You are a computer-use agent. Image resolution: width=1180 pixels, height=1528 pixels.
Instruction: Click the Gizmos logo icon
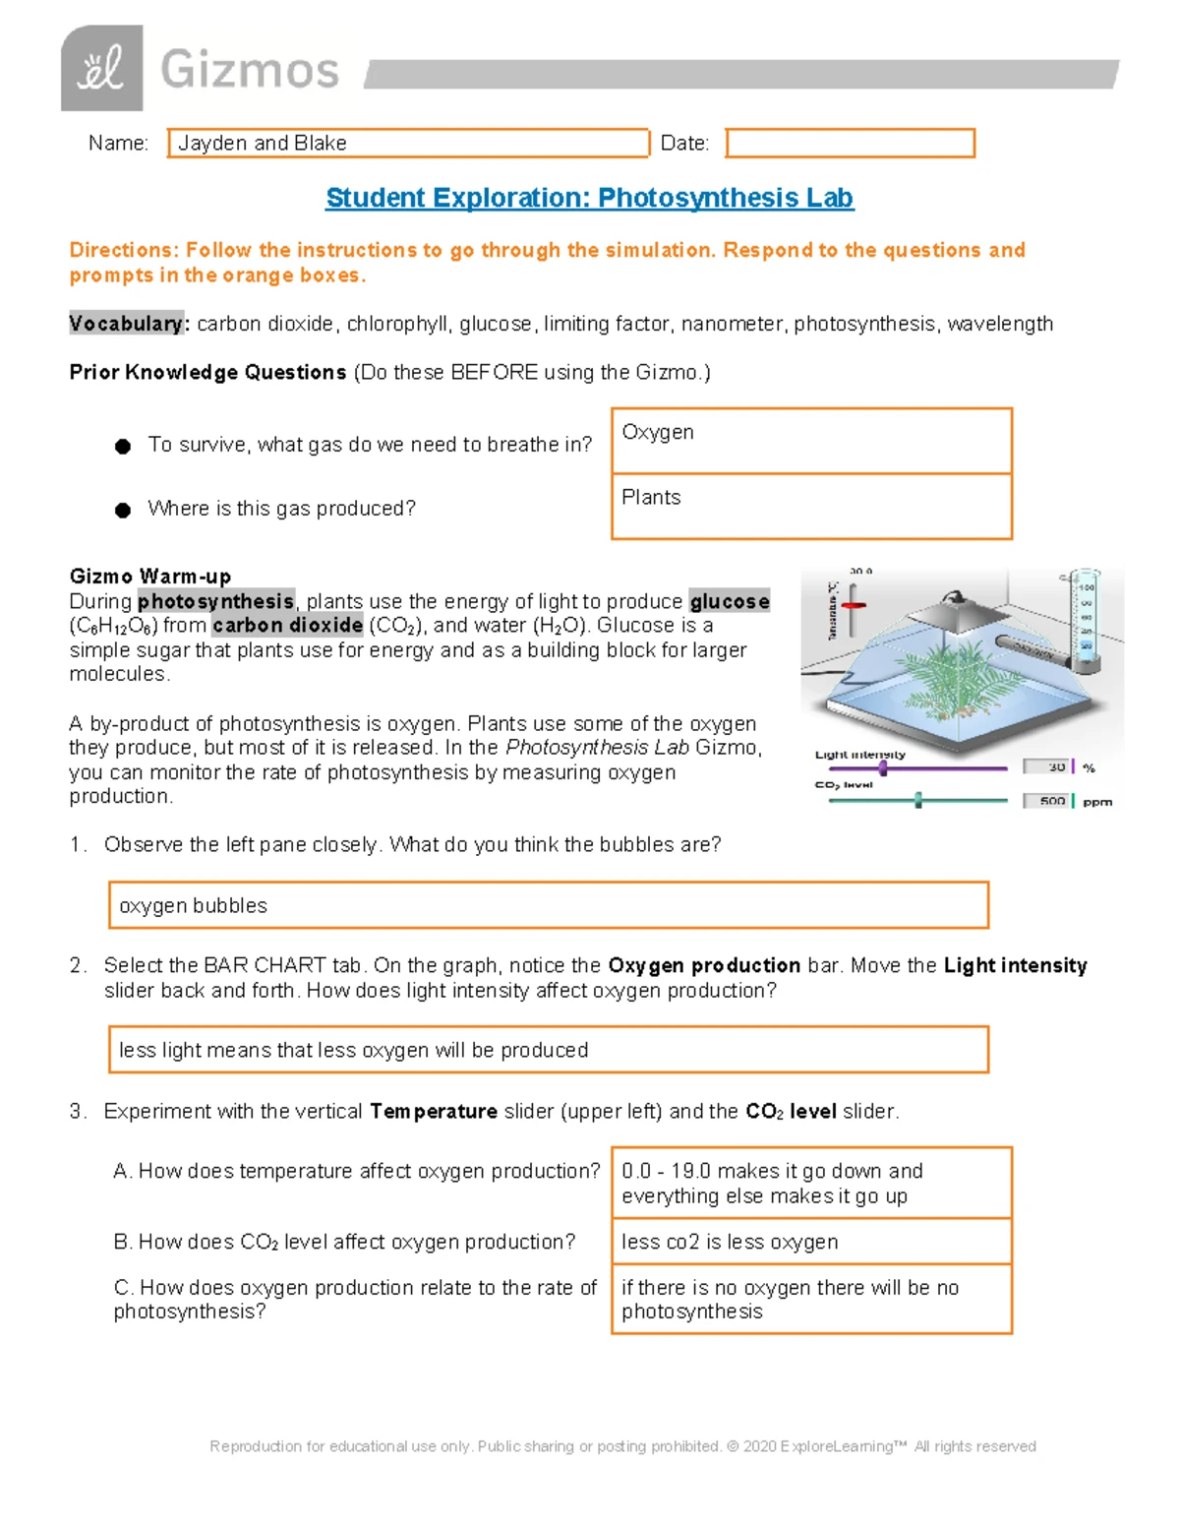[x=101, y=69]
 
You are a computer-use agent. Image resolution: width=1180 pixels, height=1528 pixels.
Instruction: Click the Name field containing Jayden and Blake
[x=408, y=144]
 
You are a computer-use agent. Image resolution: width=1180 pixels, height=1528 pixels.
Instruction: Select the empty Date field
[x=850, y=144]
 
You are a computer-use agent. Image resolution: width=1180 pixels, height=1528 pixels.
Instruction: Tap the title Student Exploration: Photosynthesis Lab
[x=589, y=198]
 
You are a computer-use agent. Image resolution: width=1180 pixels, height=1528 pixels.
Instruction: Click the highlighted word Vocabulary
[x=126, y=324]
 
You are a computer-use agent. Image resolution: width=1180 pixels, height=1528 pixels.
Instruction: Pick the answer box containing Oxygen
[x=811, y=441]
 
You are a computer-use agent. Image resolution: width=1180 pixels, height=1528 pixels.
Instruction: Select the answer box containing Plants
[x=811, y=507]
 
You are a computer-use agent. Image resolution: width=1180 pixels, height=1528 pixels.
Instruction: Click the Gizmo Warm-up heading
[x=150, y=577]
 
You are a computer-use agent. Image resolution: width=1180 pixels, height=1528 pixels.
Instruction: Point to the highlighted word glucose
[x=729, y=601]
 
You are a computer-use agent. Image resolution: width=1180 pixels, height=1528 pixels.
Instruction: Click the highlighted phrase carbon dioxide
[x=287, y=626]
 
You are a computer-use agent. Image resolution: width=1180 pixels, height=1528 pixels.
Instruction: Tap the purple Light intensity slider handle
[x=883, y=767]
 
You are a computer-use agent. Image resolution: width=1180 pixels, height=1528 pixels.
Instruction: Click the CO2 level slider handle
[x=918, y=800]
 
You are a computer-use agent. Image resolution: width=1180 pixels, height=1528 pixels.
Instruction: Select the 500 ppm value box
[x=1048, y=801]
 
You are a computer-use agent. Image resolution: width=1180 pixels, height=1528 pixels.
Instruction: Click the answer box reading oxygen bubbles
[x=548, y=905]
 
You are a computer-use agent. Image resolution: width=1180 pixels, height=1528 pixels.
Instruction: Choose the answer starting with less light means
[x=548, y=1050]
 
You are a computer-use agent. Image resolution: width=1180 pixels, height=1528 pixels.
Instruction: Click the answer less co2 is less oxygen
[x=811, y=1242]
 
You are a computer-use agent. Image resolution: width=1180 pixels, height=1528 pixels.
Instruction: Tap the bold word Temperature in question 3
[x=434, y=1112]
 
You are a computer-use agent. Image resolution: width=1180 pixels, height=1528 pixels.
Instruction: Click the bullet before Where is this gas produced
[x=123, y=510]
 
